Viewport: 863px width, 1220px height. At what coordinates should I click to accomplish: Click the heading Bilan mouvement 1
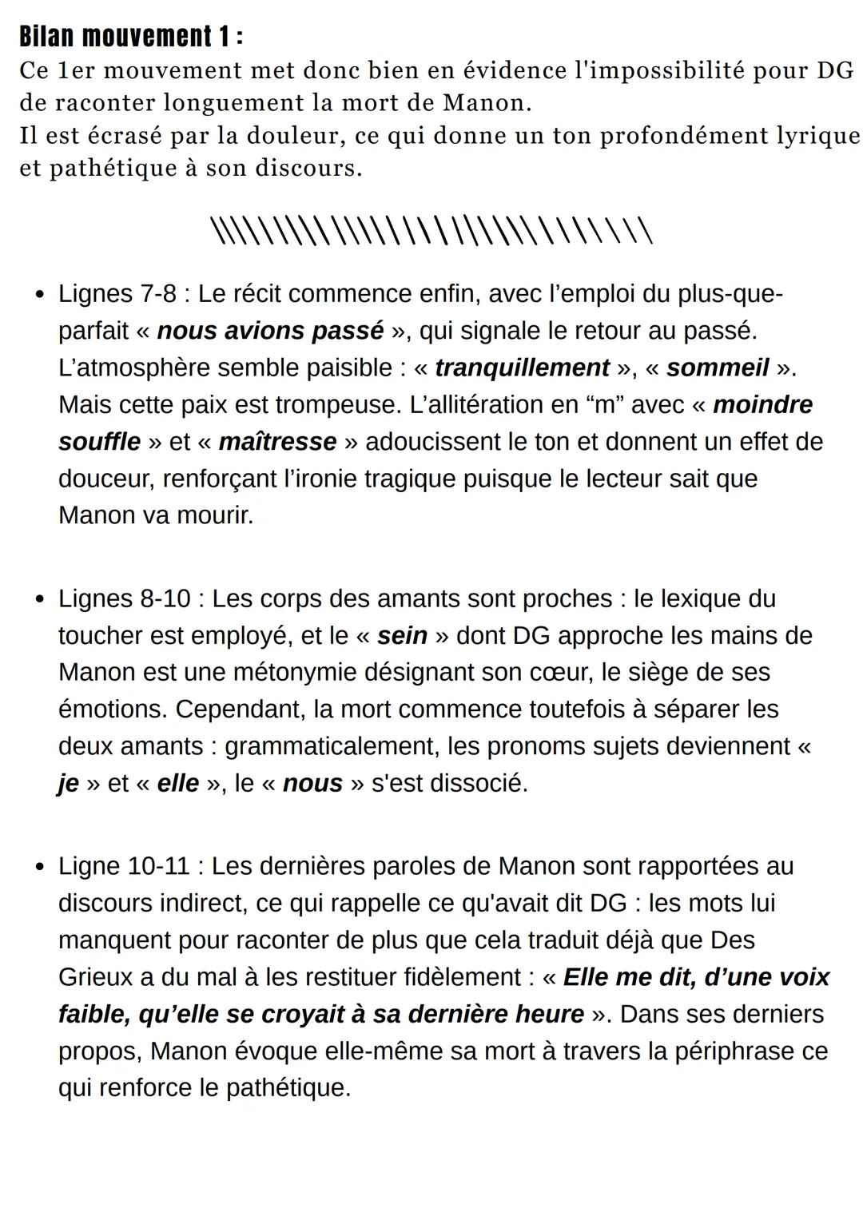pos(130,37)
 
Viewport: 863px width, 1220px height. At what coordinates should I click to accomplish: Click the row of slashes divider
pos(431,231)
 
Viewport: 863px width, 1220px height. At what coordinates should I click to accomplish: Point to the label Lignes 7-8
pos(117,294)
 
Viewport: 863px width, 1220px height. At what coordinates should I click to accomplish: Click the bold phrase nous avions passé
pos(270,331)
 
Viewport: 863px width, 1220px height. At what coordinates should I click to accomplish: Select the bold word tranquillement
pos(522,368)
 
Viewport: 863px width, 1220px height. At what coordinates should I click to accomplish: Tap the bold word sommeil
pos(718,368)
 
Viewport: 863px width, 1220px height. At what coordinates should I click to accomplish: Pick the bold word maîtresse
pos(277,442)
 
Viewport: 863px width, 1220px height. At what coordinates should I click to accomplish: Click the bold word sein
pos(402,636)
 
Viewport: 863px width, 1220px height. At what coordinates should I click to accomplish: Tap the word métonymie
pos(294,673)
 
